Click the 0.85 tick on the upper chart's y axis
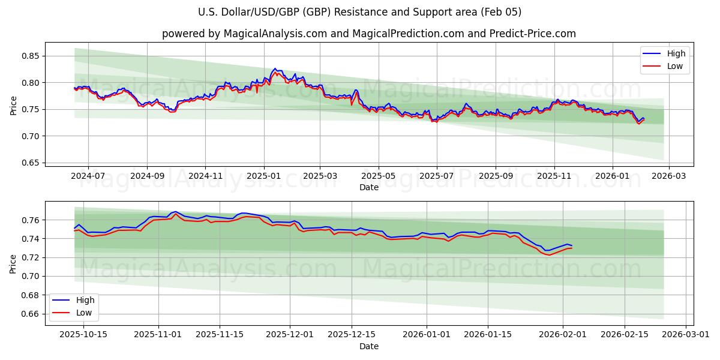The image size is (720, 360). pos(31,56)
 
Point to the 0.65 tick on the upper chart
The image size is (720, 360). pos(31,163)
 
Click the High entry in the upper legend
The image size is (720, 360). pos(676,53)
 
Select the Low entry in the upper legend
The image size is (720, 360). pos(675,66)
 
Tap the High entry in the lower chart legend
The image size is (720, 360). pos(85,300)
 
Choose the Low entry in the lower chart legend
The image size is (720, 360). pos(84,312)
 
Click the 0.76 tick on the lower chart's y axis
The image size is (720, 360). pos(31,220)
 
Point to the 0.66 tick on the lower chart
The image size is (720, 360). pos(31,314)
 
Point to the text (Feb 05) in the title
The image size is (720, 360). pos(503,12)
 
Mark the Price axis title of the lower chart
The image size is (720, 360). pos(13,263)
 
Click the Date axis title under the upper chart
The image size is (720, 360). pos(368,187)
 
